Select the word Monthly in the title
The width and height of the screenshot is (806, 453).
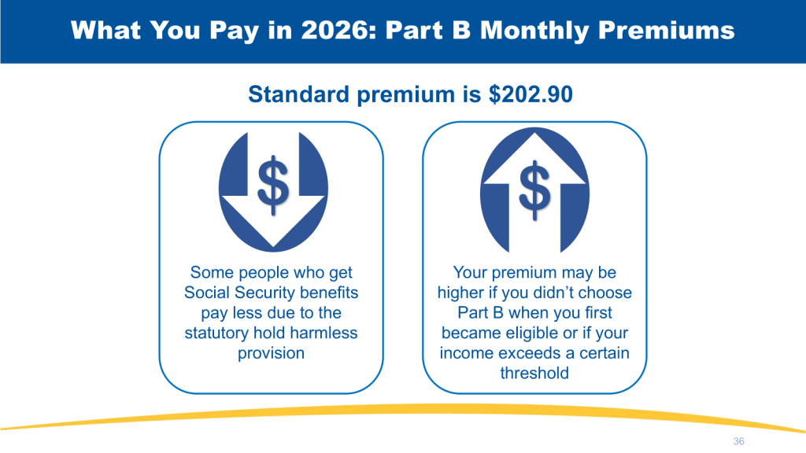coord(534,31)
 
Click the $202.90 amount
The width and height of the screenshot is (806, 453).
coord(531,94)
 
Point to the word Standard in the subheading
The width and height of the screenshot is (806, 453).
coord(298,94)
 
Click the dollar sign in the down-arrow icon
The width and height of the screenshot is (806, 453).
coord(273,185)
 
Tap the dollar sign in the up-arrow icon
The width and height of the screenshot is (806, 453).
coord(534,190)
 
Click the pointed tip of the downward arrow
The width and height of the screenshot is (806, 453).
coord(273,248)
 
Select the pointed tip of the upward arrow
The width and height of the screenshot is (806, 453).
coord(534,134)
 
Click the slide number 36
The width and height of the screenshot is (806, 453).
coord(738,441)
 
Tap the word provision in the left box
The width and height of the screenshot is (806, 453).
coord(271,353)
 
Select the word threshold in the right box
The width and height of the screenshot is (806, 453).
coord(534,373)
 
